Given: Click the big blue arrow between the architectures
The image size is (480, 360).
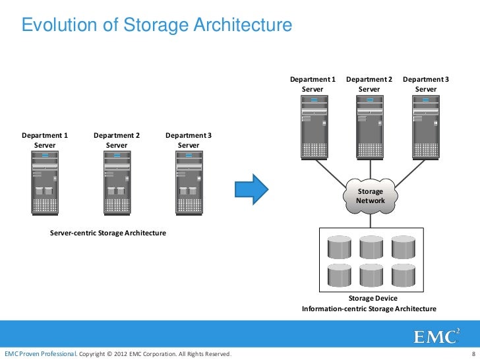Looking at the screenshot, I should [253, 188].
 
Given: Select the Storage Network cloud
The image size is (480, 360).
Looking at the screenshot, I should [369, 195].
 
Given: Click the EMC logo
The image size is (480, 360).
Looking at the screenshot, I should [436, 336].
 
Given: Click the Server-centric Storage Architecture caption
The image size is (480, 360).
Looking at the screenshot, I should [108, 233].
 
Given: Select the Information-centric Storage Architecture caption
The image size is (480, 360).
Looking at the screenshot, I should [369, 309].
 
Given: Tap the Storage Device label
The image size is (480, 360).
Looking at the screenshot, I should [369, 299].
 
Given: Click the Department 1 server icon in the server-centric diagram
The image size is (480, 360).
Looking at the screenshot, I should [45, 182].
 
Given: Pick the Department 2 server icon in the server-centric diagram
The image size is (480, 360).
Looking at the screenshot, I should [117, 182].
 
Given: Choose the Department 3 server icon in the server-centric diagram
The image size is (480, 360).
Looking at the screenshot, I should [189, 182].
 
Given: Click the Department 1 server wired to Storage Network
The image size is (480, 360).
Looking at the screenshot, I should [313, 126].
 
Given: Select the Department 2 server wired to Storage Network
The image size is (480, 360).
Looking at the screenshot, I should [369, 126].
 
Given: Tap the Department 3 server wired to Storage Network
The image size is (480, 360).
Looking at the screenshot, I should [426, 126].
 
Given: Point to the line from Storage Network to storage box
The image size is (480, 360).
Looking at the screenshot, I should [369, 220].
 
